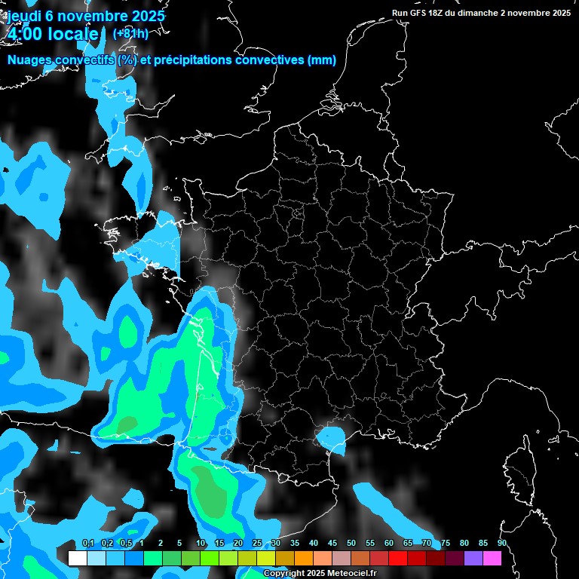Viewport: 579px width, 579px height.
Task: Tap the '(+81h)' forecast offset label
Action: click(130, 33)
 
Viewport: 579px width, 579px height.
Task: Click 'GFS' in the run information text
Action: click(419, 13)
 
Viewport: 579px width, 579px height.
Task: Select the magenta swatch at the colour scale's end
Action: click(492, 559)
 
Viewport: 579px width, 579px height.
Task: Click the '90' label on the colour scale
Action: click(501, 543)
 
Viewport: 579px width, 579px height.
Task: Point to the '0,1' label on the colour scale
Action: click(87, 543)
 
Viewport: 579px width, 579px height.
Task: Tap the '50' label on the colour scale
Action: click(351, 543)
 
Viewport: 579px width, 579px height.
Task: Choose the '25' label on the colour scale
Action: click(257, 543)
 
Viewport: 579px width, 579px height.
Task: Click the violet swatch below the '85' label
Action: click(473, 559)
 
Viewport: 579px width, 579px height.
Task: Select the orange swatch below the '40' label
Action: click(304, 559)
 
